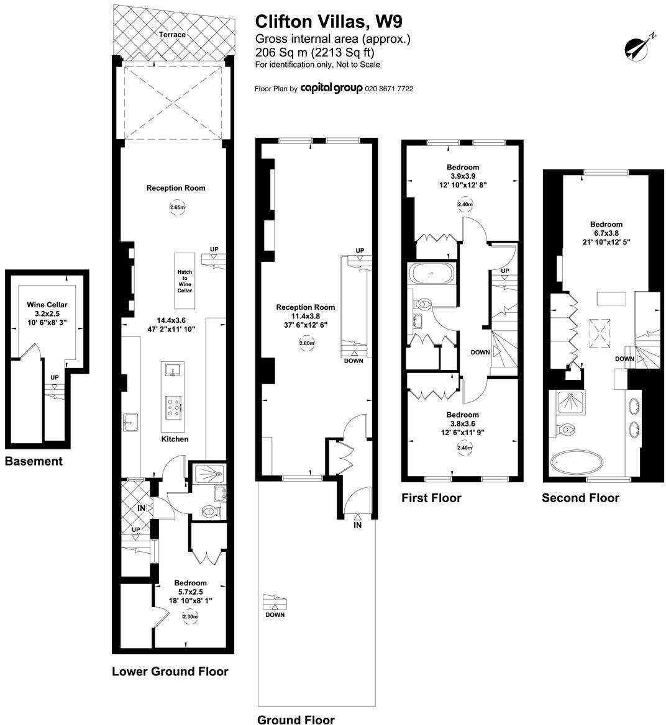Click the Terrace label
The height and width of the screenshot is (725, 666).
[172, 35]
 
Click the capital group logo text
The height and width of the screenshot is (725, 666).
[331, 89]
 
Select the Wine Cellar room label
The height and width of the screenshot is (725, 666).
[47, 305]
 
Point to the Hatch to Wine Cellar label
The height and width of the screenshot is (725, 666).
[185, 282]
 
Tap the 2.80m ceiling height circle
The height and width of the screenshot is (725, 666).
[307, 343]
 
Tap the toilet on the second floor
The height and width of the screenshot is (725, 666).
[567, 429]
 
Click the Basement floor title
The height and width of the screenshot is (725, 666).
[34, 461]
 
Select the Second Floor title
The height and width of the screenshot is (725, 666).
[580, 498]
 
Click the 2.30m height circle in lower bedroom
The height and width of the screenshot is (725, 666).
[190, 616]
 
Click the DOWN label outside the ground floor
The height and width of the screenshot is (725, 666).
[275, 615]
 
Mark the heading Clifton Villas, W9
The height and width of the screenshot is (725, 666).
[320, 22]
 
